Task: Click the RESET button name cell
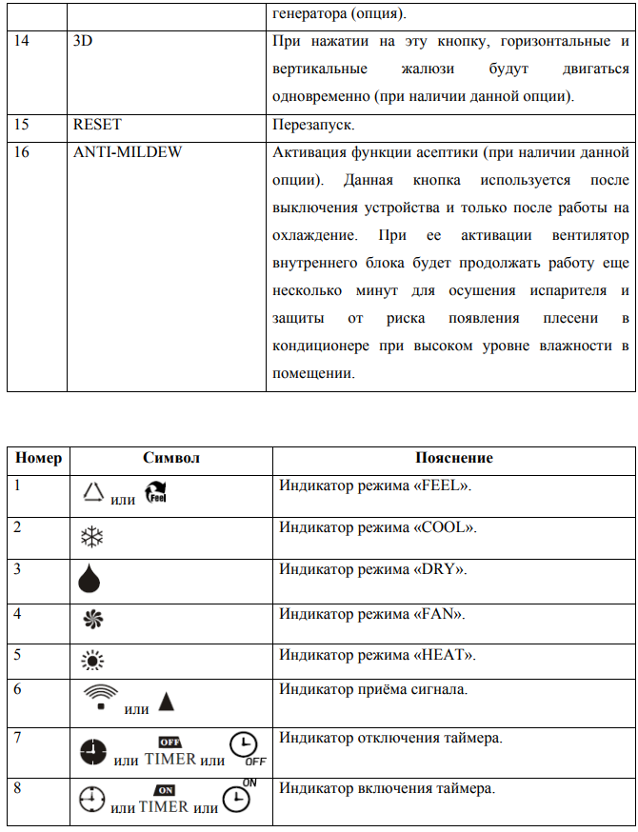97,125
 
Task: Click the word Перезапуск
312,125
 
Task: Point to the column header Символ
171,458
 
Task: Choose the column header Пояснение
454,458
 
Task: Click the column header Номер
38,458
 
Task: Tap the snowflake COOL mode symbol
91,536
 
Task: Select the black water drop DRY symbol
91,579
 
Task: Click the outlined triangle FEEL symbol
92,491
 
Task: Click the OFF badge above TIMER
169,741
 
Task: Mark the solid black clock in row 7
93,753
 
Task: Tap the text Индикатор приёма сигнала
372,689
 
